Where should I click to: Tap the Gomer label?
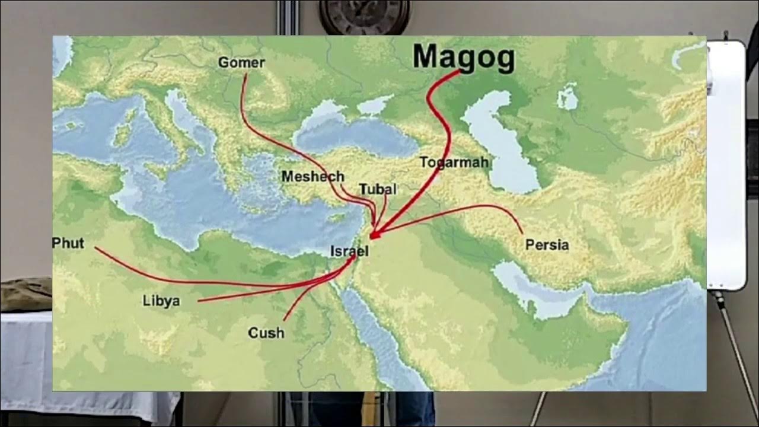coord(241,62)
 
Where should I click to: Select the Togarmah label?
coord(454,162)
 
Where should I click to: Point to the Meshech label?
coord(312,176)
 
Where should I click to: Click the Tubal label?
coord(377,189)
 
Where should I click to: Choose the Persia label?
coord(547,244)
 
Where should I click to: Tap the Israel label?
coord(349,251)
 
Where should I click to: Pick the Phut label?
coord(68,243)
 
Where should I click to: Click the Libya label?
coord(161,301)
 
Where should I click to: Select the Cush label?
coord(266,333)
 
